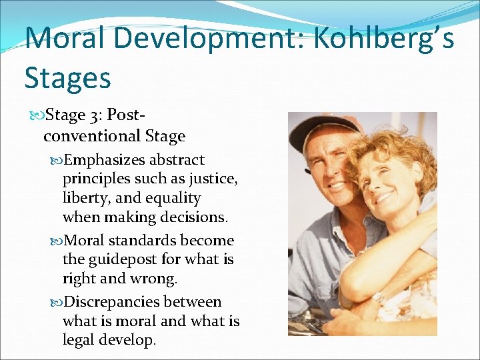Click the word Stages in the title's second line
coord(67,77)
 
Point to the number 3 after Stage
coord(93,115)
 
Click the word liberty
coord(87,198)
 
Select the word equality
coord(174,198)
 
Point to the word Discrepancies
coord(114,302)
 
